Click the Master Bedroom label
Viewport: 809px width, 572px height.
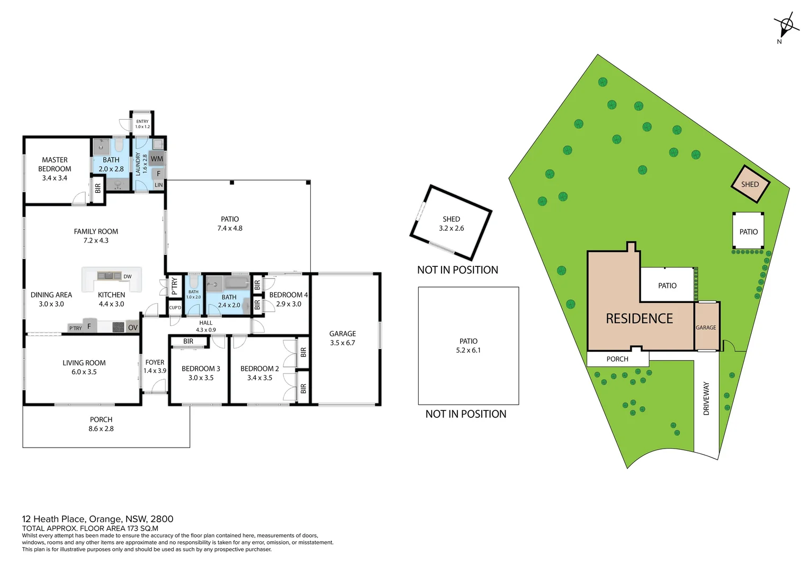coord(55,168)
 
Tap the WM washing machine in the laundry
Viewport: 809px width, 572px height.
coord(157,158)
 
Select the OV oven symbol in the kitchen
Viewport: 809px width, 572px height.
coord(132,327)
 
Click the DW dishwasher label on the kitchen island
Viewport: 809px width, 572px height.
coord(127,276)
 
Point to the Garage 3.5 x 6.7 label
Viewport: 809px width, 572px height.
coord(343,338)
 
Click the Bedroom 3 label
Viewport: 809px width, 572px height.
coord(201,373)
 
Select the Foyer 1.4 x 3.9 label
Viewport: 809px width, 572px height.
coord(155,367)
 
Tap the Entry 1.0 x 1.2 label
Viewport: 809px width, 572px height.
coord(142,124)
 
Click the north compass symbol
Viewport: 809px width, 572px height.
coord(786,25)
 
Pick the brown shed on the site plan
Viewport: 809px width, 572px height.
coord(750,184)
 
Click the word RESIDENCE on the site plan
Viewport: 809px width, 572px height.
coord(639,318)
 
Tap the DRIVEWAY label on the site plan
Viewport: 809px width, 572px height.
coord(706,398)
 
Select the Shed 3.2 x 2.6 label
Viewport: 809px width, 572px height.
coord(451,224)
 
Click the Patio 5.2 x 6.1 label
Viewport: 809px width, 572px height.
coord(468,345)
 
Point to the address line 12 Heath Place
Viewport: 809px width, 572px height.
coord(97,519)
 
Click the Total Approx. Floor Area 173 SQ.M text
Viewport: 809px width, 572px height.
coord(90,528)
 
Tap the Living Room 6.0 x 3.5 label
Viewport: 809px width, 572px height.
coord(84,367)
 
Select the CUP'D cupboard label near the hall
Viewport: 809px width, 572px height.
coord(175,308)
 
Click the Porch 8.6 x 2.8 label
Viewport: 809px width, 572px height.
coord(101,424)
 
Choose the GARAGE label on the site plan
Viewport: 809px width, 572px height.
coord(705,327)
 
